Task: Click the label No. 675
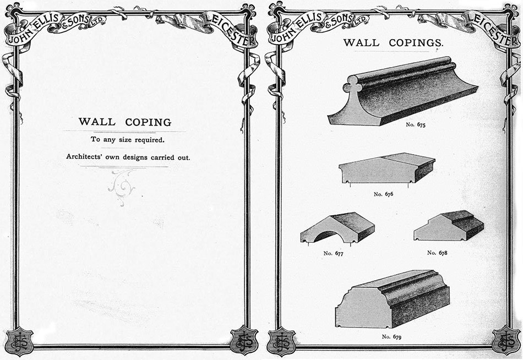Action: [416, 125]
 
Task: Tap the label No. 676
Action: [383, 194]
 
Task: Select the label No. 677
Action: [333, 253]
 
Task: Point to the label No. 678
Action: [437, 253]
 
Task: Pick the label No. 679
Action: [391, 337]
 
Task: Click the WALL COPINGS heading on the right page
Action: [394, 43]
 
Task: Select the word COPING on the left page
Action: [148, 122]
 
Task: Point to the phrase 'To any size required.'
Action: [127, 140]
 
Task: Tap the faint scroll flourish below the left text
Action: [122, 188]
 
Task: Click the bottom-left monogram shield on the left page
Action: [19, 341]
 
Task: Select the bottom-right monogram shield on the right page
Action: [506, 340]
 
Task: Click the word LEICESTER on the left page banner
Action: [231, 29]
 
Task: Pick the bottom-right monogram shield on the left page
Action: [244, 340]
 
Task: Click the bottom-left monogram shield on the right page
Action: [281, 341]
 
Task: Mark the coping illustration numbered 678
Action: [449, 225]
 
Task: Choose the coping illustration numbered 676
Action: [387, 168]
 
